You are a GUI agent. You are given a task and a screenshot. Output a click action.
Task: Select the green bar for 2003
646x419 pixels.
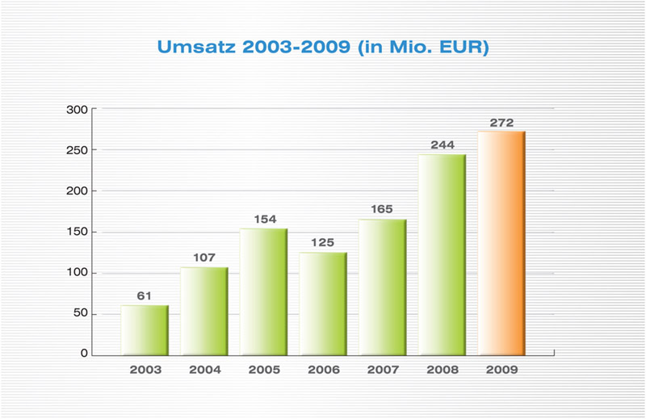(x=145, y=330)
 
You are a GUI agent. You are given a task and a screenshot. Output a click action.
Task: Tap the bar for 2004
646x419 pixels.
(x=204, y=311)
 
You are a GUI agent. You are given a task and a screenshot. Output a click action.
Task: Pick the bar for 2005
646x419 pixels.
(x=263, y=291)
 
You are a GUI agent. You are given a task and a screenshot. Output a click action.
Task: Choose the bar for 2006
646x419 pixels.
(x=323, y=304)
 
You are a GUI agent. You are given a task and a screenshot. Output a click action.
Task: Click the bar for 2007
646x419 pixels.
(x=383, y=287)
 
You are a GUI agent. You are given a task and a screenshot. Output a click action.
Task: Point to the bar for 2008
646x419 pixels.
(x=442, y=254)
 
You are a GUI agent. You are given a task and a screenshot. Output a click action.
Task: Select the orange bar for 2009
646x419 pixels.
(x=501, y=243)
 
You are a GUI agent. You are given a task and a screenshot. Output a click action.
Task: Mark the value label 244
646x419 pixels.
(x=442, y=146)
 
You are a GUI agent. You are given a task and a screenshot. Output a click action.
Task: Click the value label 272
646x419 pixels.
(x=501, y=123)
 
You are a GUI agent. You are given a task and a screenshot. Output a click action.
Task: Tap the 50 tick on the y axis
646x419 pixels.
(x=79, y=314)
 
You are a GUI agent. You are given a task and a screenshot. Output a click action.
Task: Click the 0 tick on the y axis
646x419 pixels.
(x=84, y=354)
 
